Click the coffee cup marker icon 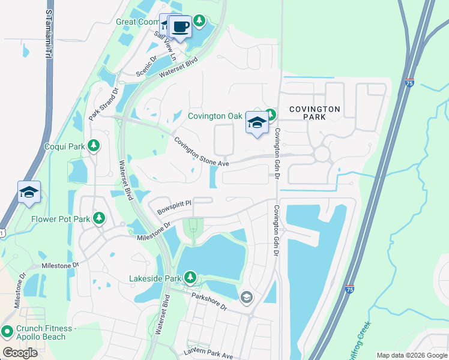click(181, 26)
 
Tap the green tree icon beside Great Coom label click(199, 22)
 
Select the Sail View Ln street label click(166, 45)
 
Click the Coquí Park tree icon click(93, 146)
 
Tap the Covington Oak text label click(215, 116)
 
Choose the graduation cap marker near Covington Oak click(257, 124)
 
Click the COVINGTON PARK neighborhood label click(315, 113)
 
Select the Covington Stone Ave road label click(202, 152)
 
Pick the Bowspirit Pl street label click(173, 207)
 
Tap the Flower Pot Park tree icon click(100, 219)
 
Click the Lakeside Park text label click(155, 278)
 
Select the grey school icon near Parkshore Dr click(246, 297)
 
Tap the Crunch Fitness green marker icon click(7, 331)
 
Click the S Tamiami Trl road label click(47, 34)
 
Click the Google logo click(20, 352)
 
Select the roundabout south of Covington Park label click(322, 154)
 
